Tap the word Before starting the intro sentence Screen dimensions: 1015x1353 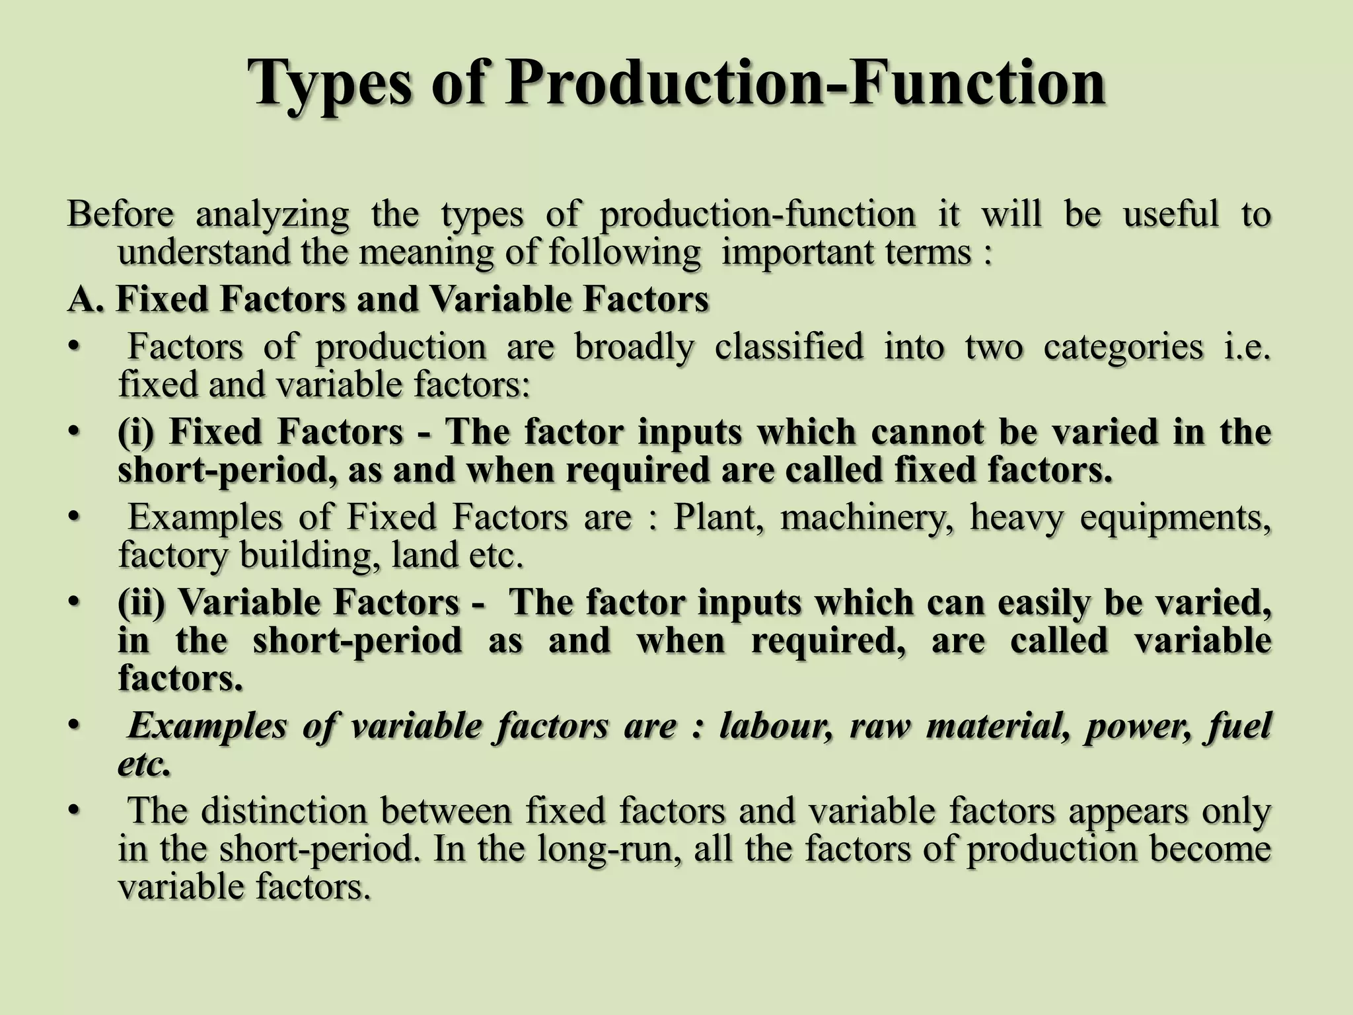point(121,214)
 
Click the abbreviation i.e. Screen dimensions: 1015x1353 point(1247,346)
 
